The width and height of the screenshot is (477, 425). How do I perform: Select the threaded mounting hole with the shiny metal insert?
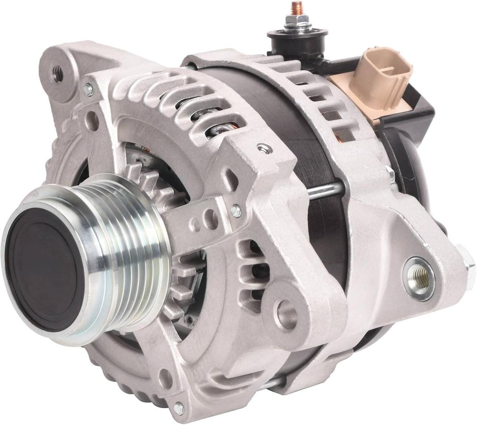point(418,278)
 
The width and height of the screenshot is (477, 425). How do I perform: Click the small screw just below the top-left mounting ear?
point(88,90)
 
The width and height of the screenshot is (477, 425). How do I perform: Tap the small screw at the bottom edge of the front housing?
point(178,408)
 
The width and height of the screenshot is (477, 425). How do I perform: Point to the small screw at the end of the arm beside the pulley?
point(236,211)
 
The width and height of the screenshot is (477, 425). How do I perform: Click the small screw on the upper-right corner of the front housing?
point(265,149)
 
